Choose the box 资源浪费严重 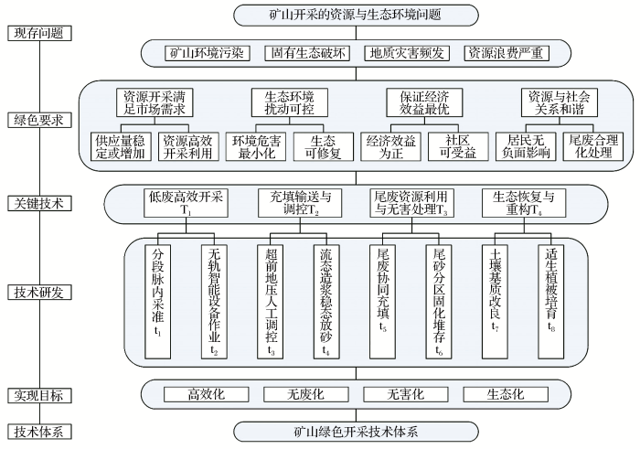(506, 53)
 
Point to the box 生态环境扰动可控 (289, 102)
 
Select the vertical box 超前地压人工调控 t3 (271, 298)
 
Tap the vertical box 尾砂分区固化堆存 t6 (439, 298)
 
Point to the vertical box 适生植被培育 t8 (551, 298)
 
